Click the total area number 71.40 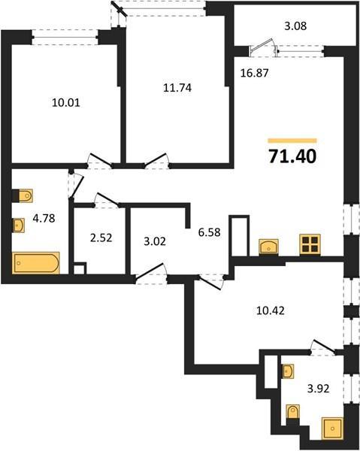292,156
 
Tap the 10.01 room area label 66,102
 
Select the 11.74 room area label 177,87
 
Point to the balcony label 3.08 295,26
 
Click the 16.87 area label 255,73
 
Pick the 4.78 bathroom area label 44,218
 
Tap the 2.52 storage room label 101,238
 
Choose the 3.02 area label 155,241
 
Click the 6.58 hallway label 210,232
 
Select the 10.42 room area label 271,310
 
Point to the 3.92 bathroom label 319,389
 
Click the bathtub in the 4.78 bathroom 36,263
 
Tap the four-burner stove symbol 310,244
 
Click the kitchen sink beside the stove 268,247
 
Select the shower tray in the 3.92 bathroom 333,428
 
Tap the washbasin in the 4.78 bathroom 18,225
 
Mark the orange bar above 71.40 292,141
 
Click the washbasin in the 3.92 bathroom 288,371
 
